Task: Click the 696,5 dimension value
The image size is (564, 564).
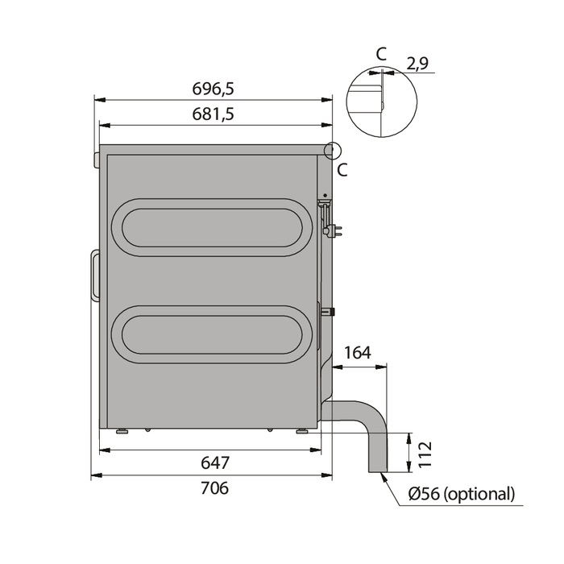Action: (214, 89)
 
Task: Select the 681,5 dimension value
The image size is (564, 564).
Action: (214, 114)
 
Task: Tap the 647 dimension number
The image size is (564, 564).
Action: (215, 462)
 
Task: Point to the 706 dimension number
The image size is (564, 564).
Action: (215, 488)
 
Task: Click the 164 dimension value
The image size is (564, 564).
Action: (358, 353)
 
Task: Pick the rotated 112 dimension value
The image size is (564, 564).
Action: (425, 454)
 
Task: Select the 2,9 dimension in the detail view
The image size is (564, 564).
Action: (417, 64)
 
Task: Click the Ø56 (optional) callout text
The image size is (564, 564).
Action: (462, 493)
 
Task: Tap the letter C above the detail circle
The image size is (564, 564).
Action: (381, 54)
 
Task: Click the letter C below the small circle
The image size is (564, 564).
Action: (342, 170)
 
